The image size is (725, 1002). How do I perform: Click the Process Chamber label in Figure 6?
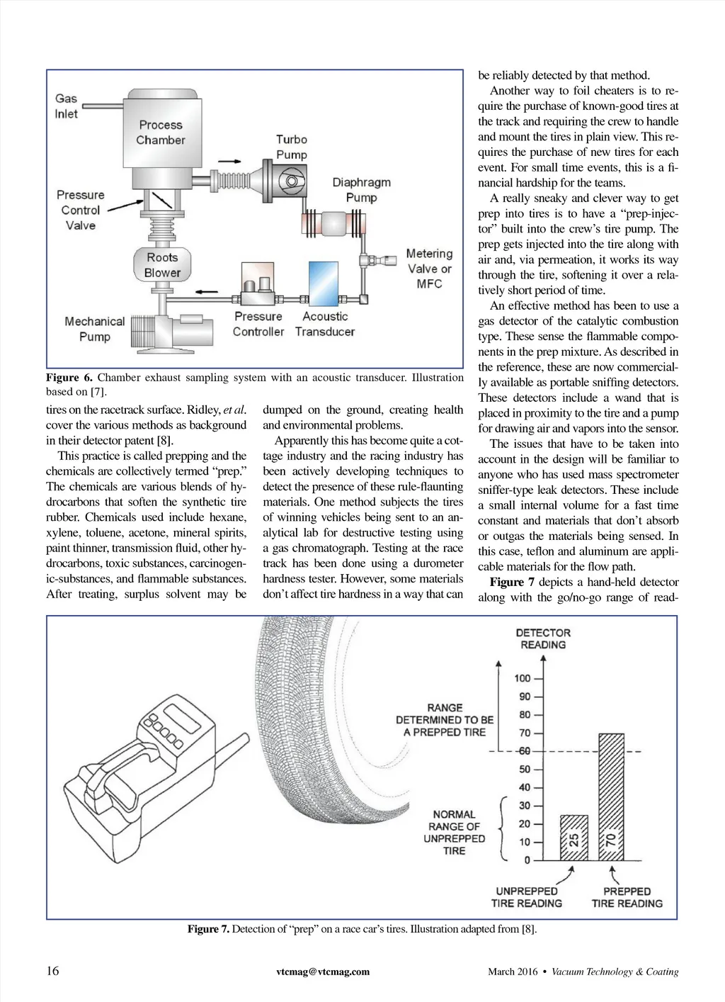161,133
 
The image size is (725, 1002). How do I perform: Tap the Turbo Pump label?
292,147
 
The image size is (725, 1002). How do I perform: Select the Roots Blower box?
162,264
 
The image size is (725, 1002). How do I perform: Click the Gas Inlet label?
67,106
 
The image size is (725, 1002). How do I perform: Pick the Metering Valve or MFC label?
429,269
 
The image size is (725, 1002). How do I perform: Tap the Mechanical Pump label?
94,329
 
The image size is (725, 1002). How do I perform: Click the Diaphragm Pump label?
361,189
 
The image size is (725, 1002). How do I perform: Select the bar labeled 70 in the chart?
611,796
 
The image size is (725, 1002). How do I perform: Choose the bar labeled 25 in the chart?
573,838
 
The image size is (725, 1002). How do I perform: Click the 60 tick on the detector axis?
523,751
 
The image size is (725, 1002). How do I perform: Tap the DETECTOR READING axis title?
543,638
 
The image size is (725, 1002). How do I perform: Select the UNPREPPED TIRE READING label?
527,897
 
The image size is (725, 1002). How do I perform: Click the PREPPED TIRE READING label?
627,897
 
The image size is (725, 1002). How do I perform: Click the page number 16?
53,971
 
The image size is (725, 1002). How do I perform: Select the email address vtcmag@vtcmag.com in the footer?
323,972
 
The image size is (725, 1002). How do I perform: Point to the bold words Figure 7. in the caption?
208,929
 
